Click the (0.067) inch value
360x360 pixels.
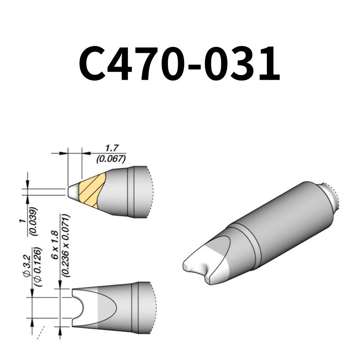111,158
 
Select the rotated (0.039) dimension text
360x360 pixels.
34,221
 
